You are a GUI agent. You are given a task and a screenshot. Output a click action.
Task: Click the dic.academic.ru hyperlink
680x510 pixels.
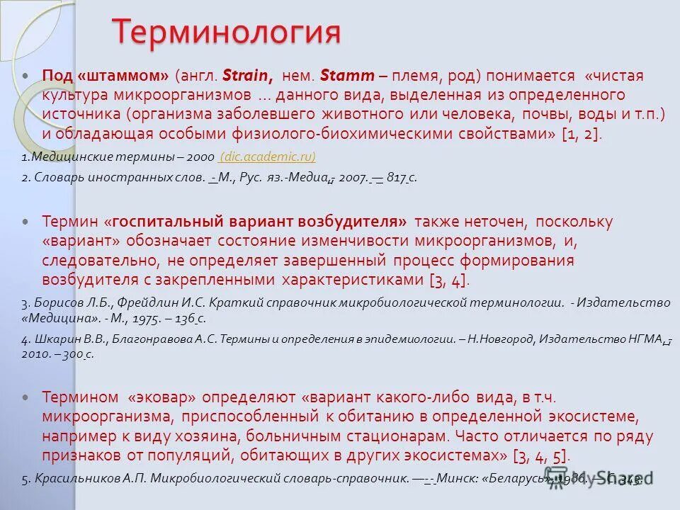[268, 156]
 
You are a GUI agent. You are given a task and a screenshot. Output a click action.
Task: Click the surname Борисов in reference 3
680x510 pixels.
[55, 302]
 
